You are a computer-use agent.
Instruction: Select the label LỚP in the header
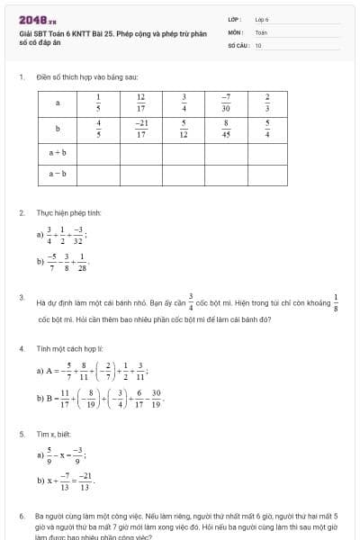234,18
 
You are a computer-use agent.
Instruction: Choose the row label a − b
58,173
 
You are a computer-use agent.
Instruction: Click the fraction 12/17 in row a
141,102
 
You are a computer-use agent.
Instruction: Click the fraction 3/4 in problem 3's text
191,300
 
